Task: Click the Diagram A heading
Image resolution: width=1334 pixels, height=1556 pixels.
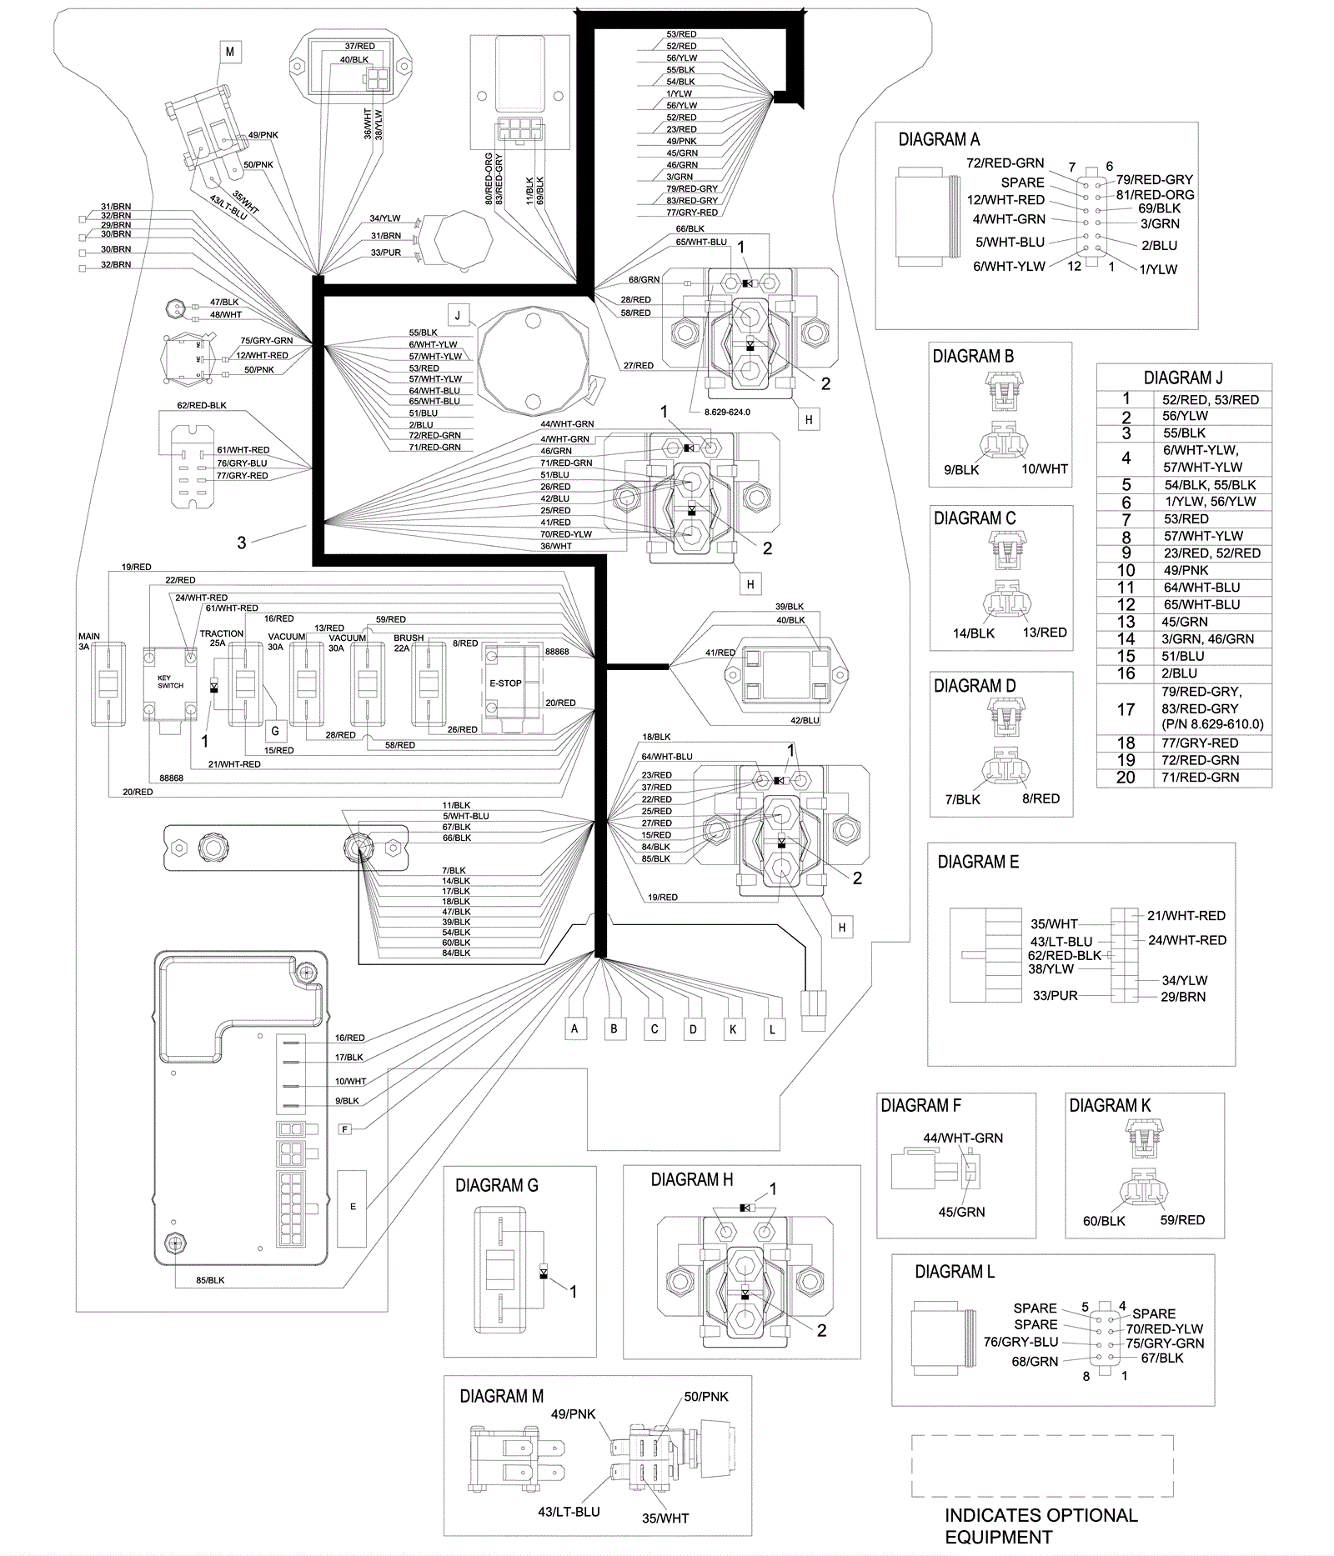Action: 939,140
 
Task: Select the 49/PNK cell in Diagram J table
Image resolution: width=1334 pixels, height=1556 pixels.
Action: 1185,570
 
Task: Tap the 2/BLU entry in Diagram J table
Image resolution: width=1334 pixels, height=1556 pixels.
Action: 1180,673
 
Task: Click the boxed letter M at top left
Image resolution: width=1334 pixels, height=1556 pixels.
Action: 230,52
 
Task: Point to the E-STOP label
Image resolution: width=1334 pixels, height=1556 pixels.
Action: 505,683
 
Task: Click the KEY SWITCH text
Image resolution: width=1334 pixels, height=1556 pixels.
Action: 170,682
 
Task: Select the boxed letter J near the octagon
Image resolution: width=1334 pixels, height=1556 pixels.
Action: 457,315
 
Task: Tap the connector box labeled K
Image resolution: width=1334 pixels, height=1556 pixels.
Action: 733,1029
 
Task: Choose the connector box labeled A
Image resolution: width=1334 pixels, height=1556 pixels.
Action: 574,1028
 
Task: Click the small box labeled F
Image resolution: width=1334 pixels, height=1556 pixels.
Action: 344,1129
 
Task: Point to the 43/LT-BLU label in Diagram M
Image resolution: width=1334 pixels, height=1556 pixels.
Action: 569,1512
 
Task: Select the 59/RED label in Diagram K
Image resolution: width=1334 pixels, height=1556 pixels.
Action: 1182,1220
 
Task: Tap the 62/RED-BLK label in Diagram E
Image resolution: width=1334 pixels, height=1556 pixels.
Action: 1064,956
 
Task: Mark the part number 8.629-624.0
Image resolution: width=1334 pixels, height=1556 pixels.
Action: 721,412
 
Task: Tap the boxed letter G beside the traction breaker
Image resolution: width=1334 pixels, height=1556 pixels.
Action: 275,733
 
